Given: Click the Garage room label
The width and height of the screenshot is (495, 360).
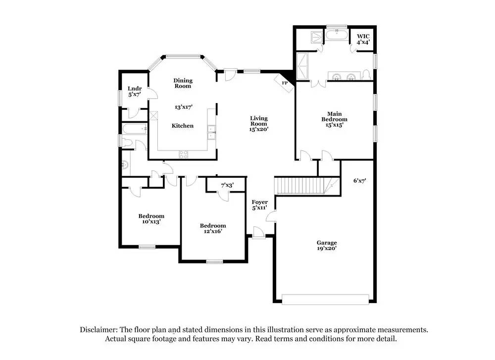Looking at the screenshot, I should tap(327, 243).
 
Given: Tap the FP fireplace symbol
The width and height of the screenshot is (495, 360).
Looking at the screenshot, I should tap(285, 83).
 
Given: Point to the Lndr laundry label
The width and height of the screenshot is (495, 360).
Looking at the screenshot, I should tap(135, 89).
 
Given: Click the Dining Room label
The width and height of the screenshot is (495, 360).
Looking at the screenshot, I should tap(183, 83).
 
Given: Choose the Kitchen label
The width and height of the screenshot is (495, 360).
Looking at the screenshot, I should tap(183, 126).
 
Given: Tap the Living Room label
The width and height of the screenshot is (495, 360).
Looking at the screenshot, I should tap(258, 121).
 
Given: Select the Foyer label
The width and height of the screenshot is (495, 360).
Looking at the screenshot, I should tap(260, 202).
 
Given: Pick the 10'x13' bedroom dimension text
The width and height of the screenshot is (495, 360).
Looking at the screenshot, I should tap(151, 222).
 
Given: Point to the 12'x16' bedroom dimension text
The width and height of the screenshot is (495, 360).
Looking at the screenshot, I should tap(213, 231).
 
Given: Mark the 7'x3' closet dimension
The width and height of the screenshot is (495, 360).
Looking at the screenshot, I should tap(227, 185).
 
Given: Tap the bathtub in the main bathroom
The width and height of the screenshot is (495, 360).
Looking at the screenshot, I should tap(337, 36).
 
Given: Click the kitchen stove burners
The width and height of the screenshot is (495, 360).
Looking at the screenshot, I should tap(183, 154).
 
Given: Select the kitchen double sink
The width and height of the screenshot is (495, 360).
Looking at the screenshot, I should tap(211, 131).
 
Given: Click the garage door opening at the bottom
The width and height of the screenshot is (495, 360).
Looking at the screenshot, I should tap(325, 299).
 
